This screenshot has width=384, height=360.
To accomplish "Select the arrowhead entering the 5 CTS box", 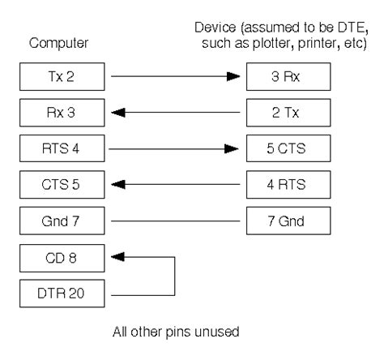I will coord(233,150).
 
